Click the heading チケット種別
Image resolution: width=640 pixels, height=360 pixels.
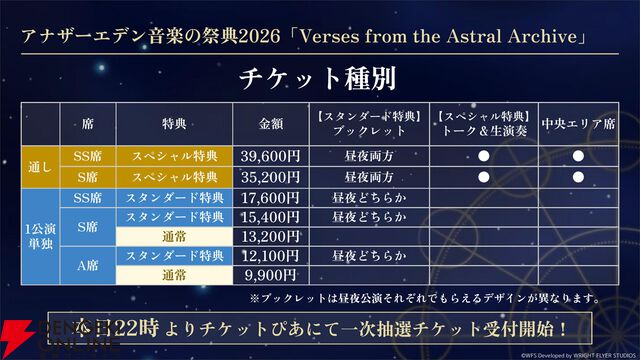(x=319, y=77)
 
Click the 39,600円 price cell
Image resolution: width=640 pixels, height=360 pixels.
(x=270, y=156)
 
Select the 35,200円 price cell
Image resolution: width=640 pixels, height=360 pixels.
(x=270, y=176)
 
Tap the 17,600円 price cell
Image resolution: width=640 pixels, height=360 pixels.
(x=270, y=197)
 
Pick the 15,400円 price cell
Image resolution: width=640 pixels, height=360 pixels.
(x=270, y=216)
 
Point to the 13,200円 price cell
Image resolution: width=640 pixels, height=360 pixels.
(x=270, y=235)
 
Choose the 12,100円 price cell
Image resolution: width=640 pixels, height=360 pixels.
(x=270, y=255)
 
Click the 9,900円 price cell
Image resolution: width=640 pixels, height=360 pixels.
(x=270, y=274)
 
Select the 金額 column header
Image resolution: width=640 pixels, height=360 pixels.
(x=270, y=124)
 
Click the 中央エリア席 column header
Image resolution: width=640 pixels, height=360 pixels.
(x=578, y=124)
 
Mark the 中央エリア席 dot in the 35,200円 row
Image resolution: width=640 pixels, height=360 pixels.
(x=578, y=176)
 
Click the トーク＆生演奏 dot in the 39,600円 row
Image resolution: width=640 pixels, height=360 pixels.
(x=482, y=156)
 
